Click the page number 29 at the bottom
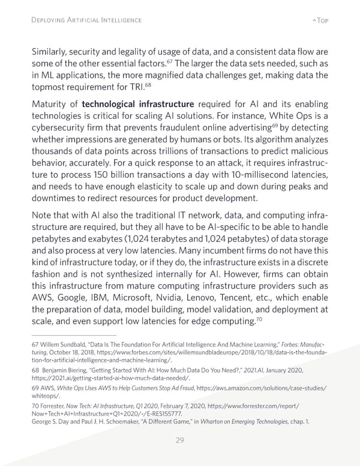pyautogui.click(x=180, y=441)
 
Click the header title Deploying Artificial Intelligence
pyautogui.click(x=86, y=20)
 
